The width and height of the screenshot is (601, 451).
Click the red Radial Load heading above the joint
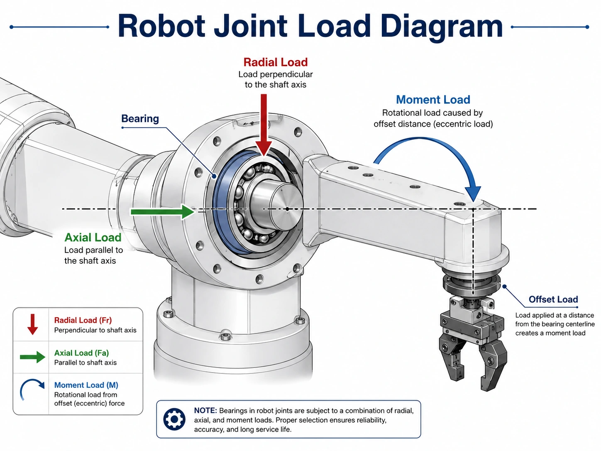276,62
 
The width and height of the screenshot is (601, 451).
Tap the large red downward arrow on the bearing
264,125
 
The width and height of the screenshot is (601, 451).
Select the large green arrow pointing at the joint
162,212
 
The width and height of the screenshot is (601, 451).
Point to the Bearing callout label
140,119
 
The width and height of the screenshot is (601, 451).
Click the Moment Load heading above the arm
433,99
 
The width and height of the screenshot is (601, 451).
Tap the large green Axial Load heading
93,238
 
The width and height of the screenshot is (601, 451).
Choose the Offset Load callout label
553,299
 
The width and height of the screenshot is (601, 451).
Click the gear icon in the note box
174,419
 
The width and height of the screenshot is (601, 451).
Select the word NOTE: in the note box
205,410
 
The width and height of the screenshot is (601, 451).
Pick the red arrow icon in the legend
33,324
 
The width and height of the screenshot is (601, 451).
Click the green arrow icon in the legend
33,357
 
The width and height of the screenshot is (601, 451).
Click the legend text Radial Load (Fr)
83,320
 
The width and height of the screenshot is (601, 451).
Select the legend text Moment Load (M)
86,385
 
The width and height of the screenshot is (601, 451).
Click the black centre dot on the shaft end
287,209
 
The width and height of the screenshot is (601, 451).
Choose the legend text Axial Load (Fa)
82,353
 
